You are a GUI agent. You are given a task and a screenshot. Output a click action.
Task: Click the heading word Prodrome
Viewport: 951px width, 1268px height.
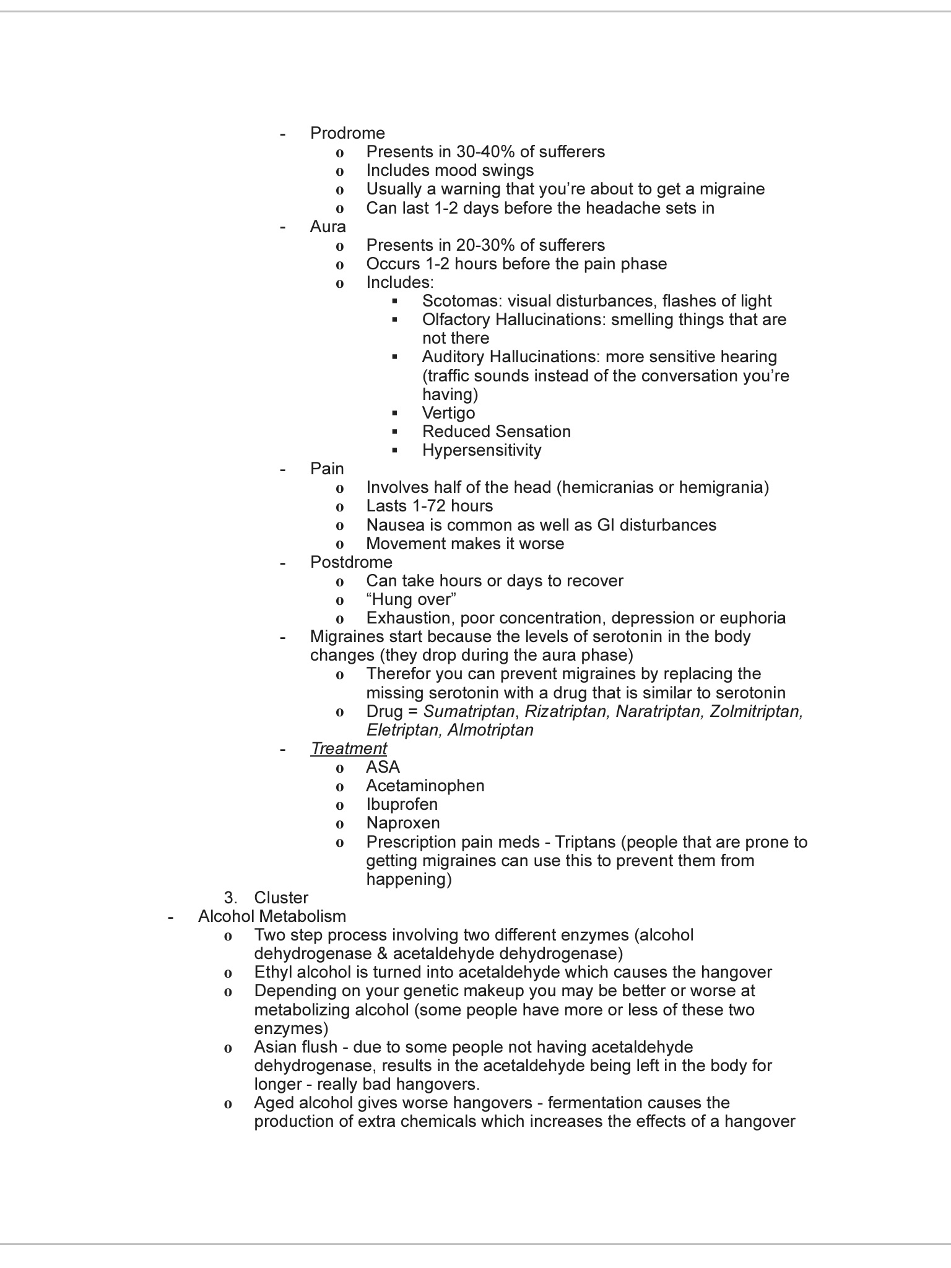click(347, 133)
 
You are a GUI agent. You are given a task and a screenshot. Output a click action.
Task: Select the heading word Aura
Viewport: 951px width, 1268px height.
click(328, 227)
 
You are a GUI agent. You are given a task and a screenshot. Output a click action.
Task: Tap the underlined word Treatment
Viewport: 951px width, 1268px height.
click(349, 749)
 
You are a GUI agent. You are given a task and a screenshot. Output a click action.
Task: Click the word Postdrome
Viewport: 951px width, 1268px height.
click(351, 562)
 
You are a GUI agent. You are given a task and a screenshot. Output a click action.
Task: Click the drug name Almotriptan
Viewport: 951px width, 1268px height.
click(490, 730)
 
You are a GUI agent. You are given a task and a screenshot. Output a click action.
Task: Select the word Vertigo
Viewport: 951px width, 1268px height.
click(448, 413)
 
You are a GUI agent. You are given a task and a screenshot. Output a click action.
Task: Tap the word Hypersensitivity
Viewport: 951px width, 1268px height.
click(482, 450)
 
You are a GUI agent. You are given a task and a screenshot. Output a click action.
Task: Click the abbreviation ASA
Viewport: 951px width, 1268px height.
click(383, 767)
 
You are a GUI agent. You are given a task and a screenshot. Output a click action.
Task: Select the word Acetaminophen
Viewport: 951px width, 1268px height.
click(425, 786)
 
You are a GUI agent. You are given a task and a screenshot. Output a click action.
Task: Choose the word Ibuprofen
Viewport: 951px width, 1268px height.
click(401, 804)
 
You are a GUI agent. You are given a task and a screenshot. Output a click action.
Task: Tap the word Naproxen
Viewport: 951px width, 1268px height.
click(402, 823)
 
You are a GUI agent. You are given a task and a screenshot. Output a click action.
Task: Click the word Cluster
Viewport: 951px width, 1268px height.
click(281, 898)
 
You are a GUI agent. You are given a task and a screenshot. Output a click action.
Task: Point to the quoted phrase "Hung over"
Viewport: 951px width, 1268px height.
click(411, 599)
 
